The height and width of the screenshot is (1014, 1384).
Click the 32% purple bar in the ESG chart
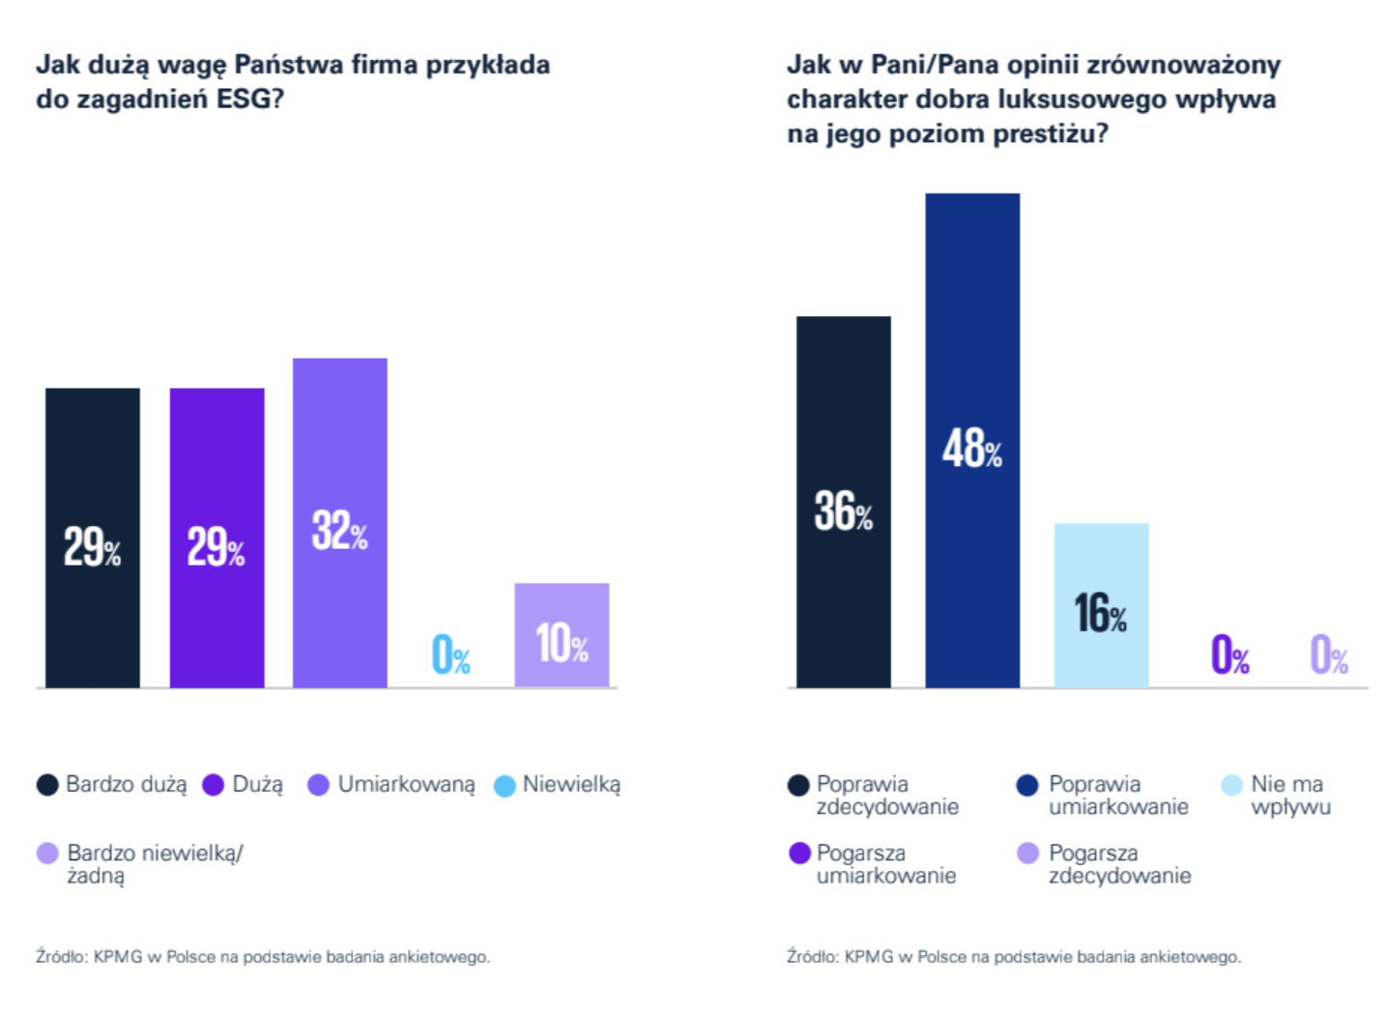(x=340, y=522)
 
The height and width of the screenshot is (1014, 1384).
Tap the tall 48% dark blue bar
(x=972, y=440)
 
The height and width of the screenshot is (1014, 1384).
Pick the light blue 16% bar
(x=1101, y=605)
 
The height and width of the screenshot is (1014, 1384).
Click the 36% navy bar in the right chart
(x=843, y=502)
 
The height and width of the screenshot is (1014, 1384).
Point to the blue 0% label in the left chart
(x=450, y=655)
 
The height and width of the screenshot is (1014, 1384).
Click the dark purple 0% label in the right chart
(x=1229, y=655)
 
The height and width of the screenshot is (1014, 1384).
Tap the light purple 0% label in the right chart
(x=1329, y=655)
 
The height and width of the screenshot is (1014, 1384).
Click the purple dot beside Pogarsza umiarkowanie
(x=799, y=854)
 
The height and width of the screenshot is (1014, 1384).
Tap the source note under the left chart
(x=263, y=957)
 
